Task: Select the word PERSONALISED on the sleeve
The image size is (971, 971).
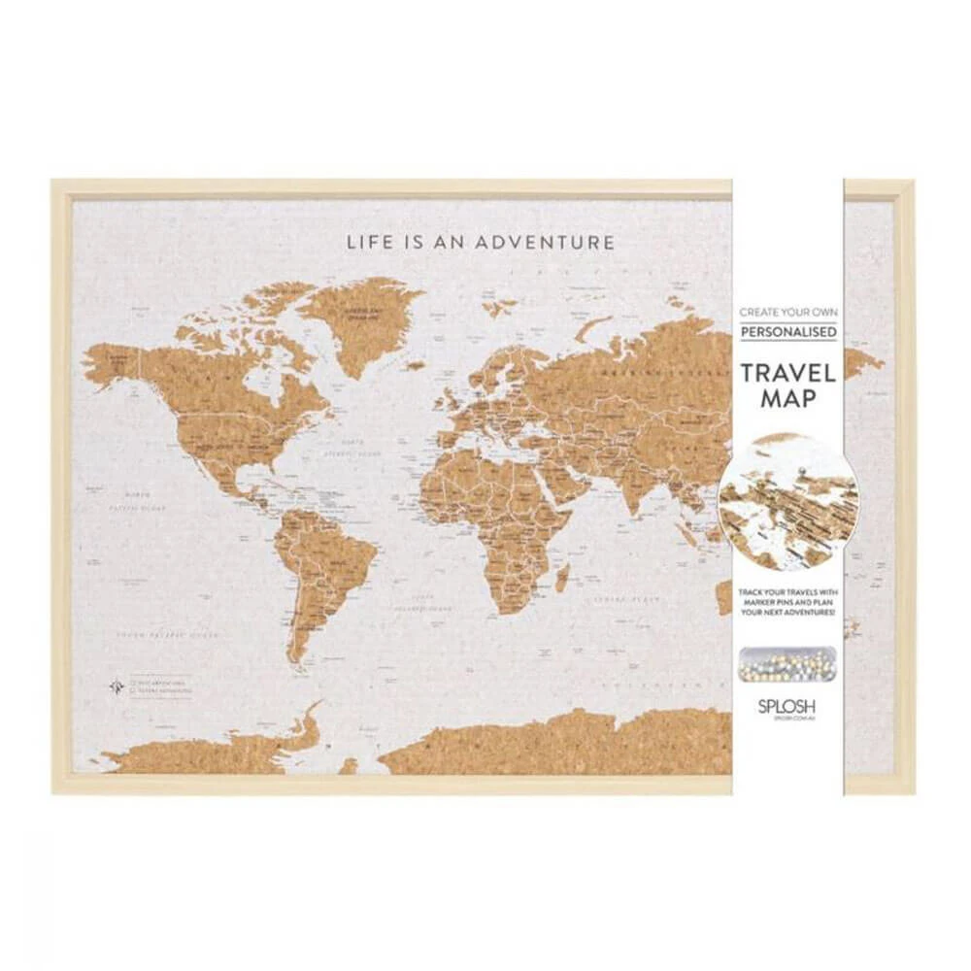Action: tap(788, 332)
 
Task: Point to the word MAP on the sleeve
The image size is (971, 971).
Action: tap(788, 398)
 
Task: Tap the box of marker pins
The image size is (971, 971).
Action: tap(787, 662)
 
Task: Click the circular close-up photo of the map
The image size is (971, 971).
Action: tap(787, 501)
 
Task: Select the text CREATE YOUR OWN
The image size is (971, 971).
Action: tap(788, 314)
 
